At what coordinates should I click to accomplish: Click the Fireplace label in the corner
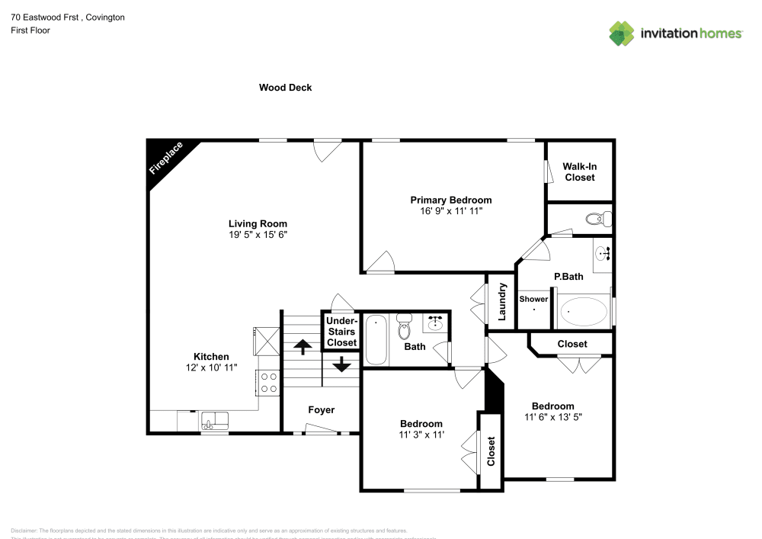pos(166,159)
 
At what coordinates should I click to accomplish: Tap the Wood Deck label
pos(285,88)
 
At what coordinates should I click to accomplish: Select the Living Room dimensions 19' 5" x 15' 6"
pos(258,235)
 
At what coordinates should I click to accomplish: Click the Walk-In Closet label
pos(579,172)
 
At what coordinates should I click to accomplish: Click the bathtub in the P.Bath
pos(584,312)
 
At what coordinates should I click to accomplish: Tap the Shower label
pos(533,300)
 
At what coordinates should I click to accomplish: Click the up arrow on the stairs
pos(302,347)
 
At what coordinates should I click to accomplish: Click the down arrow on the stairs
pos(341,364)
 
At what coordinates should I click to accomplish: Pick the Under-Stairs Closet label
pos(341,332)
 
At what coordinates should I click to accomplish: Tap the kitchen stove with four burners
pos(268,381)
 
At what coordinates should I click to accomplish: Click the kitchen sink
pos(214,419)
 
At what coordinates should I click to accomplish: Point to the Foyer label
pos(321,410)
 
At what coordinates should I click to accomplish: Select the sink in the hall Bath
pos(436,325)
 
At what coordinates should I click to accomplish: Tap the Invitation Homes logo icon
pos(622,33)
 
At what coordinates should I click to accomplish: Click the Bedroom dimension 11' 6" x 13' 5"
pos(552,417)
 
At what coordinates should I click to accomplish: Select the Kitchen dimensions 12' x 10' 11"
pos(211,367)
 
